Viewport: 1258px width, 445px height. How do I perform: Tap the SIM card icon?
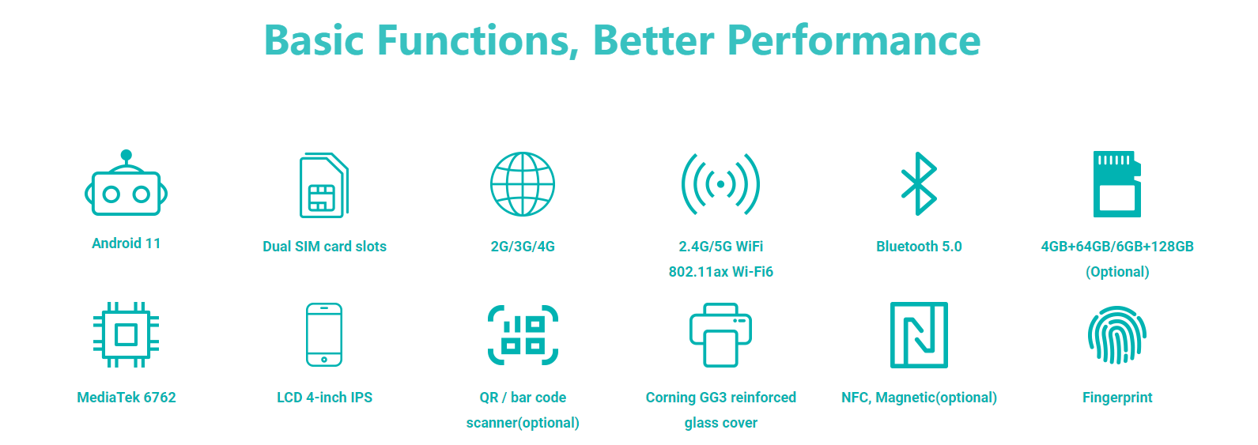324,185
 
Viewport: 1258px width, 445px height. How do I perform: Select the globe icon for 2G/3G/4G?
523,184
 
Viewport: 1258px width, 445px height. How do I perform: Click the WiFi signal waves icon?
720,184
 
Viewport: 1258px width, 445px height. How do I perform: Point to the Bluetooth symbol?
919,183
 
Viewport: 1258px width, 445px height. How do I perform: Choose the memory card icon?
1117,184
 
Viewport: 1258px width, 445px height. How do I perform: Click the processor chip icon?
126,335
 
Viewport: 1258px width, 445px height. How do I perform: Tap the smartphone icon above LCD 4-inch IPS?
324,335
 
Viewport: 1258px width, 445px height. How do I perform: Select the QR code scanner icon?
523,335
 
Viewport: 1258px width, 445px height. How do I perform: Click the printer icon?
720,335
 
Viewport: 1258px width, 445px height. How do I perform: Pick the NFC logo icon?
919,335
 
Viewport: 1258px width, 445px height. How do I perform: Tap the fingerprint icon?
1117,335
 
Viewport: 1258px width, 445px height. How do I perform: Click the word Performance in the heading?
854,40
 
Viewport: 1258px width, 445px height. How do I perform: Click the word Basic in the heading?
314,40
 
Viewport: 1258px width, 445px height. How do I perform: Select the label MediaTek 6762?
127,398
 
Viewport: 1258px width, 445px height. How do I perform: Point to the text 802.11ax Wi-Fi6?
720,272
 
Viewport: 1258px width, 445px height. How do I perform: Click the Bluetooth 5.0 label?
919,247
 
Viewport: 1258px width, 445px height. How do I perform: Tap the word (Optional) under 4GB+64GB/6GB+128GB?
1117,272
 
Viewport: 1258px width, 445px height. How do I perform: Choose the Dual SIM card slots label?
325,247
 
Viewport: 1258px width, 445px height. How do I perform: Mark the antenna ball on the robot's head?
127,155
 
